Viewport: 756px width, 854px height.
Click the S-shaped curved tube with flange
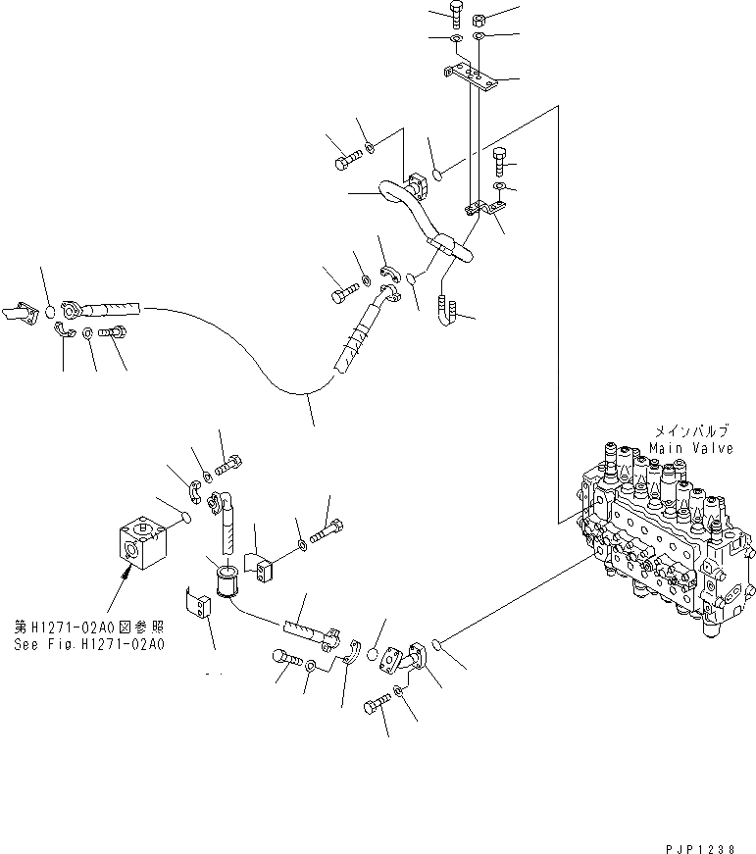click(x=412, y=211)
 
